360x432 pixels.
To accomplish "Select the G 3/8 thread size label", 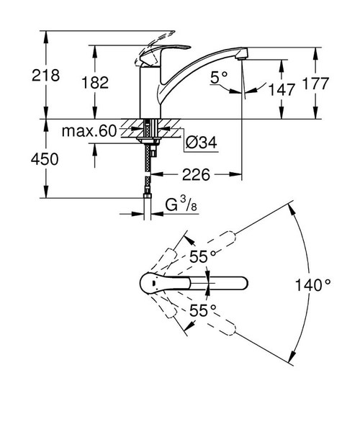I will pyautogui.click(x=181, y=207).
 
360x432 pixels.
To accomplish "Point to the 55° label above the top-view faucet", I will pyautogui.click(x=203, y=257).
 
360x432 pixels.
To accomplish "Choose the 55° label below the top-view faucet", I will pyautogui.click(x=203, y=311).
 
